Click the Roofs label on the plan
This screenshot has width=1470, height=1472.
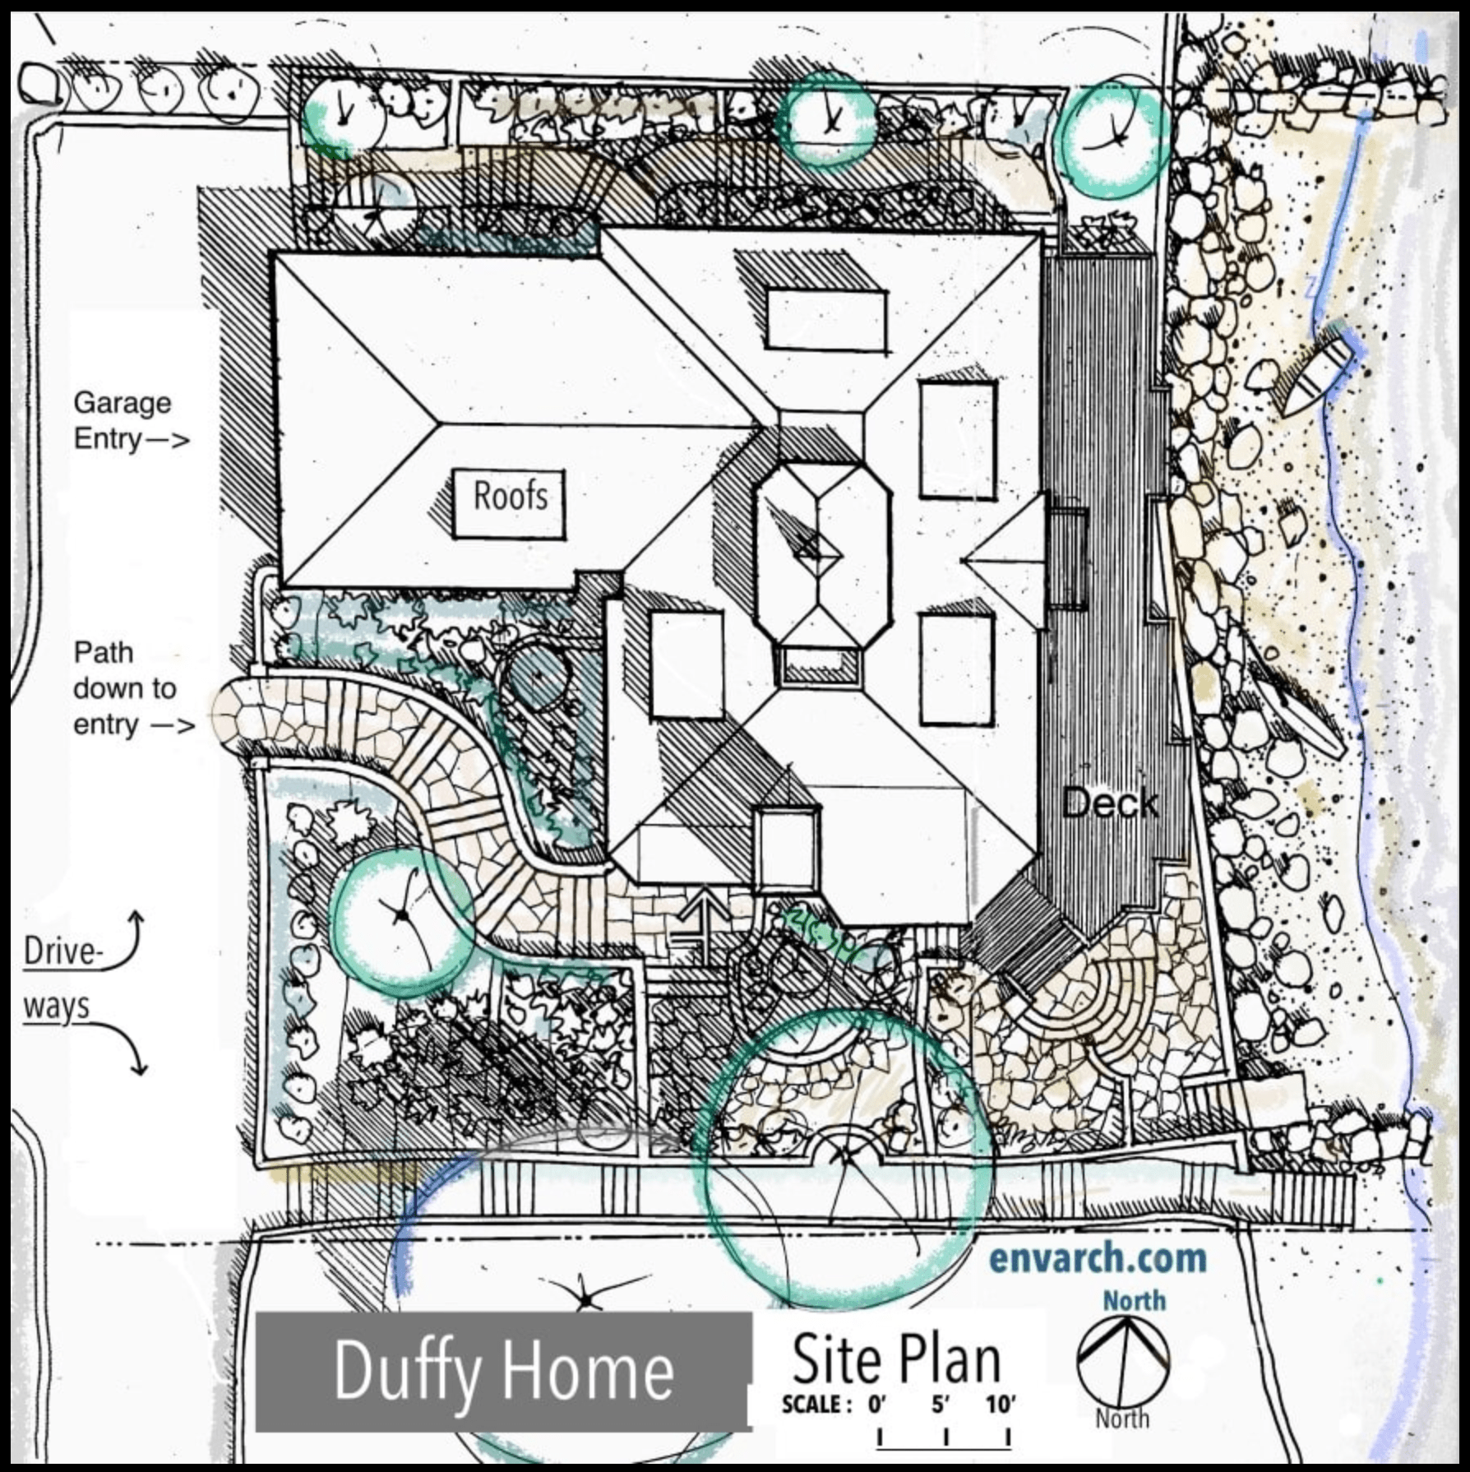[510, 496]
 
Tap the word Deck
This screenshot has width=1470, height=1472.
[1110, 802]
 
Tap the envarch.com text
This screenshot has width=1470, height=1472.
[1098, 1258]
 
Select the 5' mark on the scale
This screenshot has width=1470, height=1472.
[941, 1404]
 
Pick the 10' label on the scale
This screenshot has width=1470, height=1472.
[1001, 1404]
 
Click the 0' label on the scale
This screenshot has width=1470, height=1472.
[877, 1404]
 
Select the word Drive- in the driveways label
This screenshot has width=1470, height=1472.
[63, 951]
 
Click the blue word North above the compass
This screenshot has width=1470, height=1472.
[1135, 1300]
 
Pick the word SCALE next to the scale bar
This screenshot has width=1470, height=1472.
[811, 1404]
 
